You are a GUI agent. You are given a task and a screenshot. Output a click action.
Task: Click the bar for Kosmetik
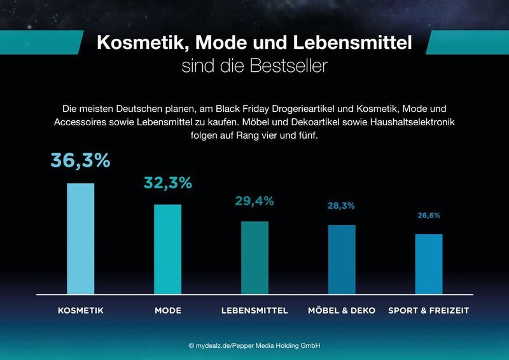pos(81,239)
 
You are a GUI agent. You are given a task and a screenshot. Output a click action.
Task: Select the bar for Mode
pos(167,249)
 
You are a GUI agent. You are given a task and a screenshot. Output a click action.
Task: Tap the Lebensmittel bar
pos(254,258)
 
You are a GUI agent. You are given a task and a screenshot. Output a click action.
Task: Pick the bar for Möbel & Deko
pos(342,260)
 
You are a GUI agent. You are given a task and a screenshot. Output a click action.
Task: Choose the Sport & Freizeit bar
pos(428,264)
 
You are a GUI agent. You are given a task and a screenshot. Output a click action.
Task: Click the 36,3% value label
pos(81,161)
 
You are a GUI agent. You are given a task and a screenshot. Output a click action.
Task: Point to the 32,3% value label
pos(167,183)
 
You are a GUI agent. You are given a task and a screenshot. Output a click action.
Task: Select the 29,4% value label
pos(254,202)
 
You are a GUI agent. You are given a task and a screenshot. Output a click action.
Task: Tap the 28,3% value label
pos(342,206)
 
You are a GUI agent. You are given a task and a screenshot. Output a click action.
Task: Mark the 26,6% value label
pos(428,216)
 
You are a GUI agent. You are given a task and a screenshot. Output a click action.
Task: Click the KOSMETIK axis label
pos(81,310)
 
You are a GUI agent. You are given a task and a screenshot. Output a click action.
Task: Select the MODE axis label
pos(168,310)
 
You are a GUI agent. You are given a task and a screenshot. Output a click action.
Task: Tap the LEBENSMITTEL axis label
pos(254,310)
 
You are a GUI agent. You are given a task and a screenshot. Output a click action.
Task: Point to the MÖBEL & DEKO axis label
pos(342,310)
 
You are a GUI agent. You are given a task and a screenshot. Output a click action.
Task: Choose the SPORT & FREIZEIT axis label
pos(428,310)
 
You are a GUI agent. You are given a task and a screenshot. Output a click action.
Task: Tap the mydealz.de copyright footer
pos(254,345)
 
